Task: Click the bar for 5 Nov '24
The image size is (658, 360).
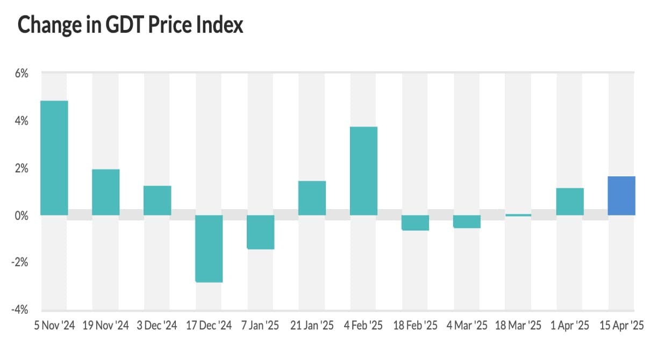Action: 54,158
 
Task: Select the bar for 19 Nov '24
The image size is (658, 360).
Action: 105,192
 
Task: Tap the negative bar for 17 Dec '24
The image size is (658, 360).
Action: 209,248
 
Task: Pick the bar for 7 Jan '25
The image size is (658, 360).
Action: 260,232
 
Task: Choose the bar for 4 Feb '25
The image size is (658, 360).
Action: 363,171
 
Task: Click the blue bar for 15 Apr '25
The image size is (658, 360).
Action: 621,196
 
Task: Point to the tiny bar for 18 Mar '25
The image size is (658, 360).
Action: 518,215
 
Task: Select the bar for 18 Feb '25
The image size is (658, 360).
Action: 415,222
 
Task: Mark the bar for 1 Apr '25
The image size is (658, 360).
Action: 570,201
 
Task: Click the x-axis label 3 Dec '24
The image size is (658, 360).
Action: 157,326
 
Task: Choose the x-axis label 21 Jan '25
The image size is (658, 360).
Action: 312,326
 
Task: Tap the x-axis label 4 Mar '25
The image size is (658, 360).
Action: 467,326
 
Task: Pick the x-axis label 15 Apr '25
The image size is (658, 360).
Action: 621,326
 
